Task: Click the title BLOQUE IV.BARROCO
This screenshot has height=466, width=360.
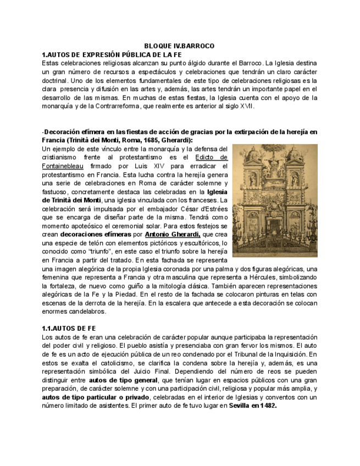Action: [x=179, y=46]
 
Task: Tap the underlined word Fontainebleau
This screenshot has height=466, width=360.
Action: [x=63, y=165]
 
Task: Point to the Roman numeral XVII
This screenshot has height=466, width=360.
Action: [x=247, y=106]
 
